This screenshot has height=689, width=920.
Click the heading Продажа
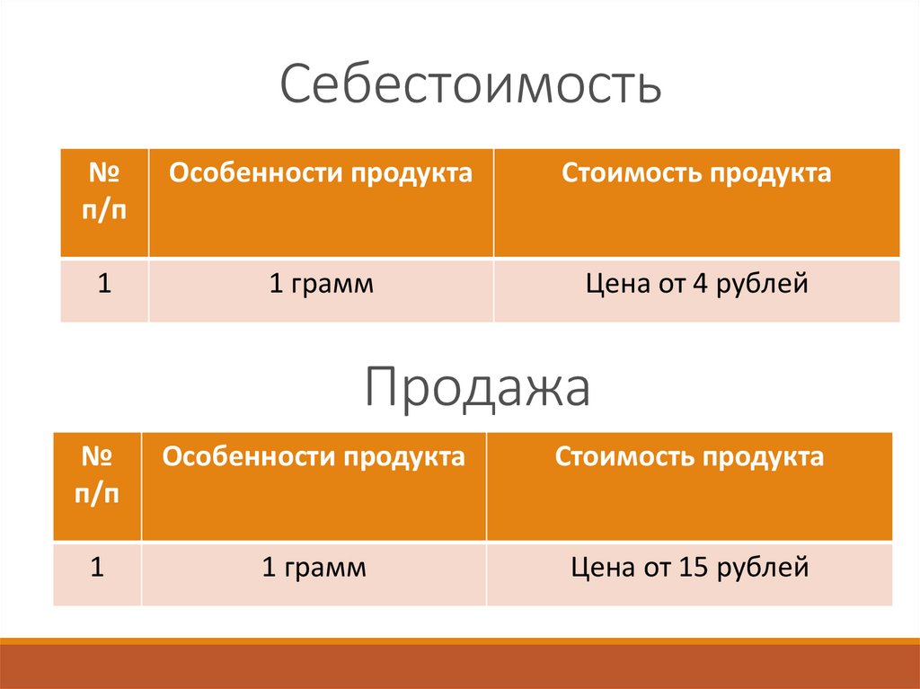(x=477, y=388)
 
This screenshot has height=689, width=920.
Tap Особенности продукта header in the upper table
(x=321, y=173)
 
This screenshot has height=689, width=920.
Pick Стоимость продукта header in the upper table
(x=696, y=173)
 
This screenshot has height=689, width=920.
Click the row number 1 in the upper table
(x=104, y=285)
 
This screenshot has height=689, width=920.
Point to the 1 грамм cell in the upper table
(x=321, y=286)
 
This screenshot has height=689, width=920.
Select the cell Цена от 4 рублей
(x=696, y=286)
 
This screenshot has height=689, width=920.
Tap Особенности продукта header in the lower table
(x=314, y=457)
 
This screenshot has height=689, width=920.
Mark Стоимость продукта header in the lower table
(x=689, y=457)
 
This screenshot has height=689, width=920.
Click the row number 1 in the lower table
(x=97, y=568)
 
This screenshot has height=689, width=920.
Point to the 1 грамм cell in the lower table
(x=314, y=569)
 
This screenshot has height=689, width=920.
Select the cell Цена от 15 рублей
(x=689, y=569)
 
